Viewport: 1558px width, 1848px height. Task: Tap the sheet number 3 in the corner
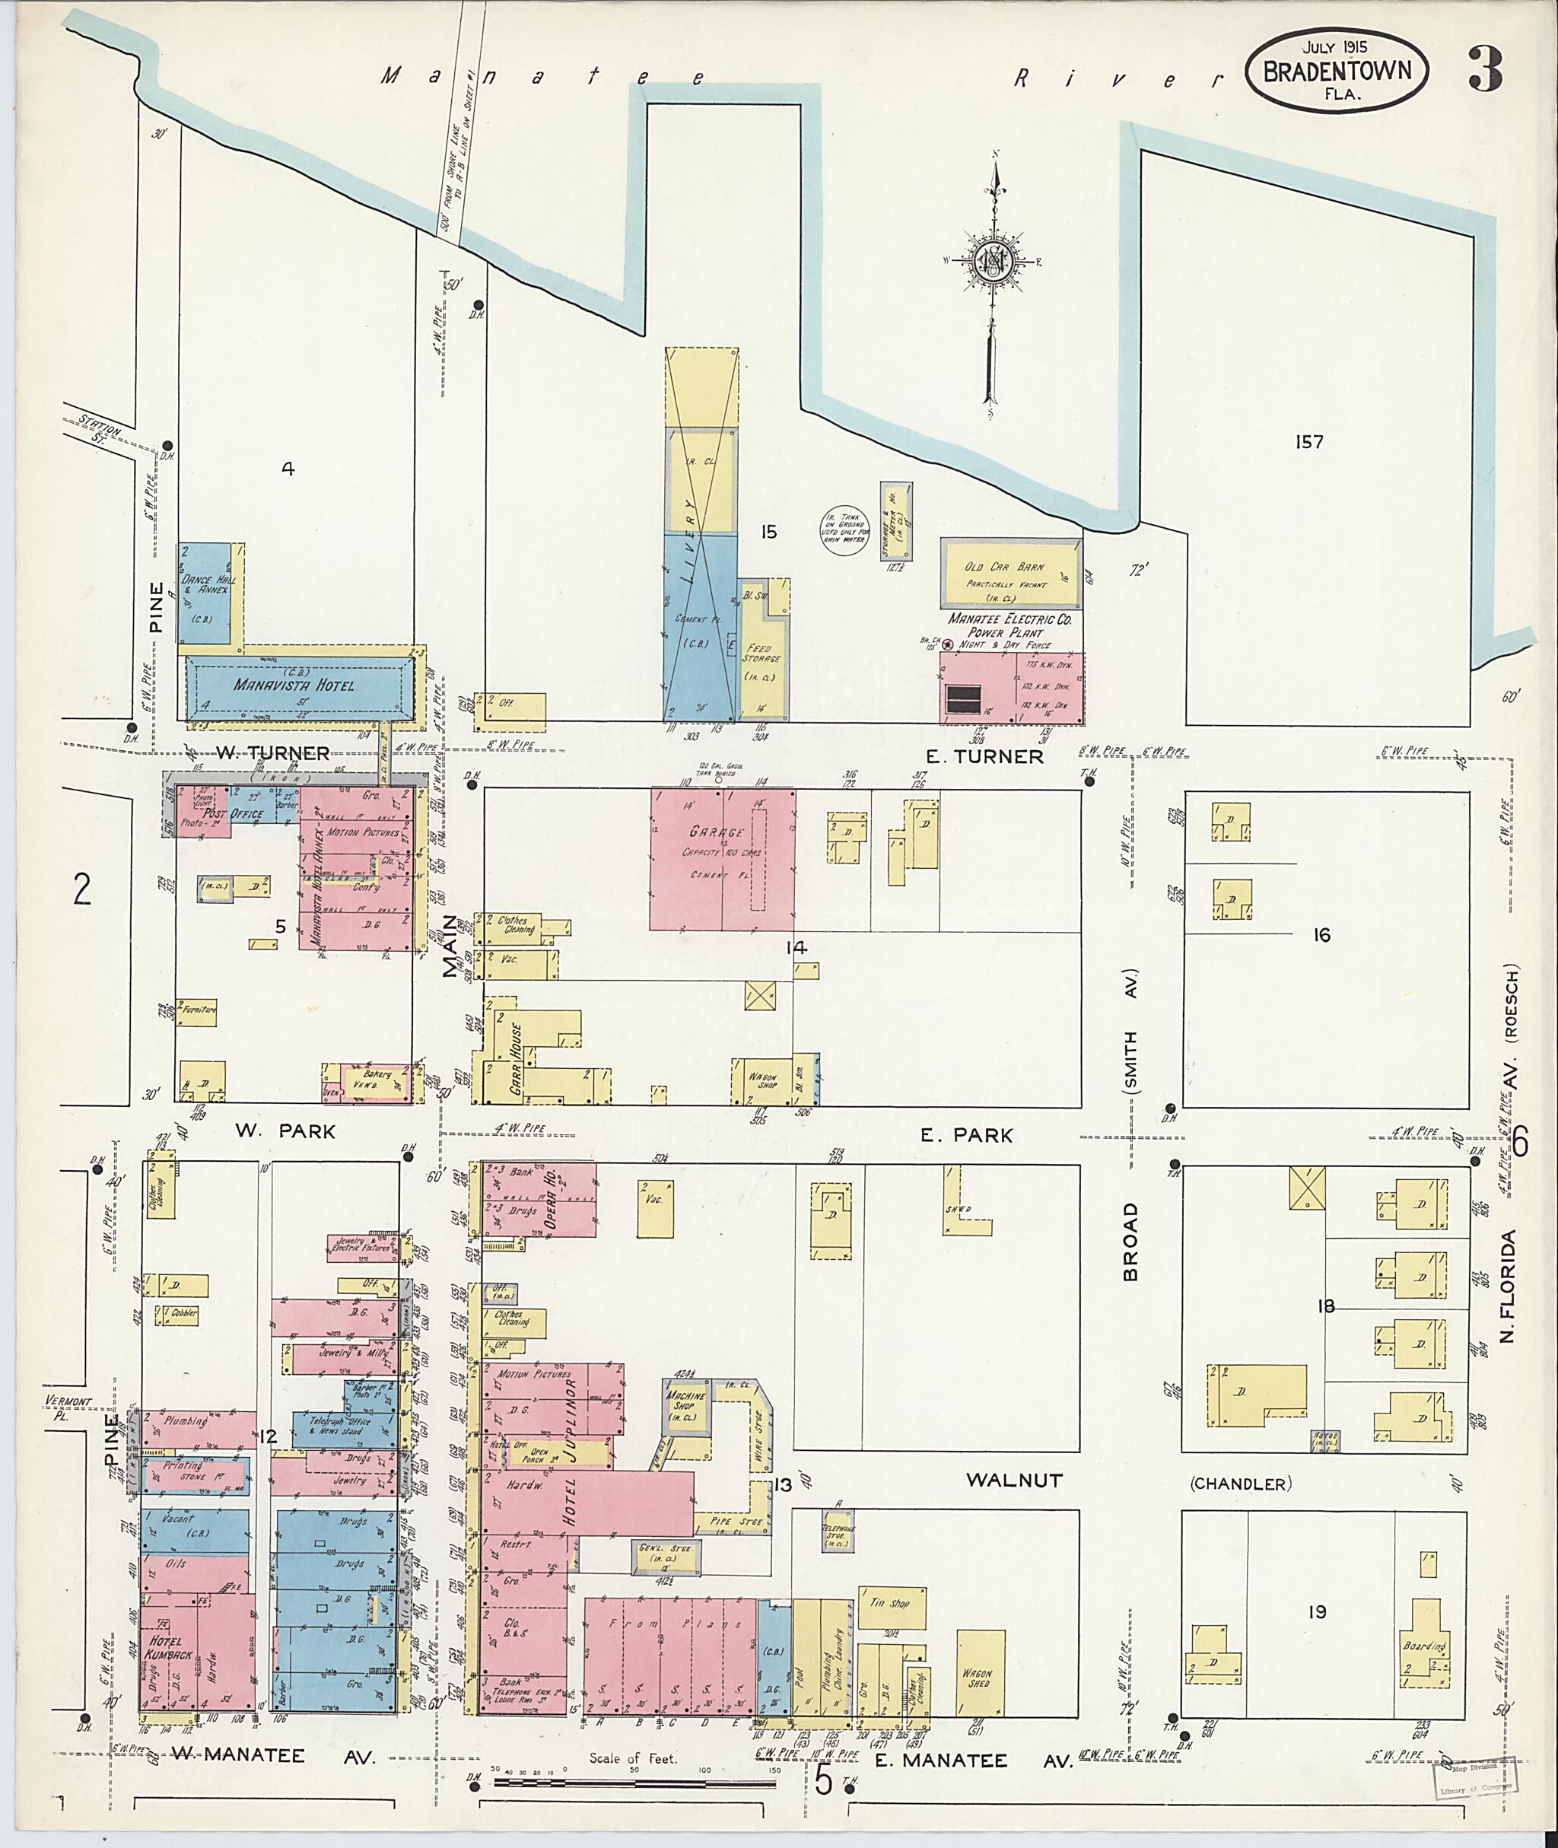pos(1486,71)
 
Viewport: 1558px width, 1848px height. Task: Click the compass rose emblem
pos(992,262)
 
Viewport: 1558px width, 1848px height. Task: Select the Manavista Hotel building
pos(296,685)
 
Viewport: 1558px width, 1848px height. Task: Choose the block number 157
pos(1309,442)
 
